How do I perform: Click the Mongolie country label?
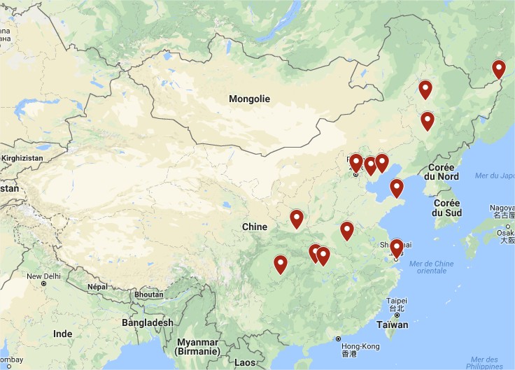click(x=249, y=99)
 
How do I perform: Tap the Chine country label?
click(x=254, y=227)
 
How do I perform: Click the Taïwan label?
click(x=392, y=325)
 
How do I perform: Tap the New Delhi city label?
click(x=44, y=276)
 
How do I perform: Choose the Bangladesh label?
click(x=147, y=322)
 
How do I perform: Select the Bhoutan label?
click(x=149, y=294)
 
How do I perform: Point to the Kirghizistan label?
click(x=22, y=158)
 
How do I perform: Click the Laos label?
click(x=245, y=362)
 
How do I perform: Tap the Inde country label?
click(x=62, y=334)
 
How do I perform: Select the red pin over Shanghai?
click(x=396, y=248)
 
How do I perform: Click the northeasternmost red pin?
click(x=498, y=69)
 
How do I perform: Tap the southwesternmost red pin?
click(x=281, y=264)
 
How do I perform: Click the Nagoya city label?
click(x=502, y=208)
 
